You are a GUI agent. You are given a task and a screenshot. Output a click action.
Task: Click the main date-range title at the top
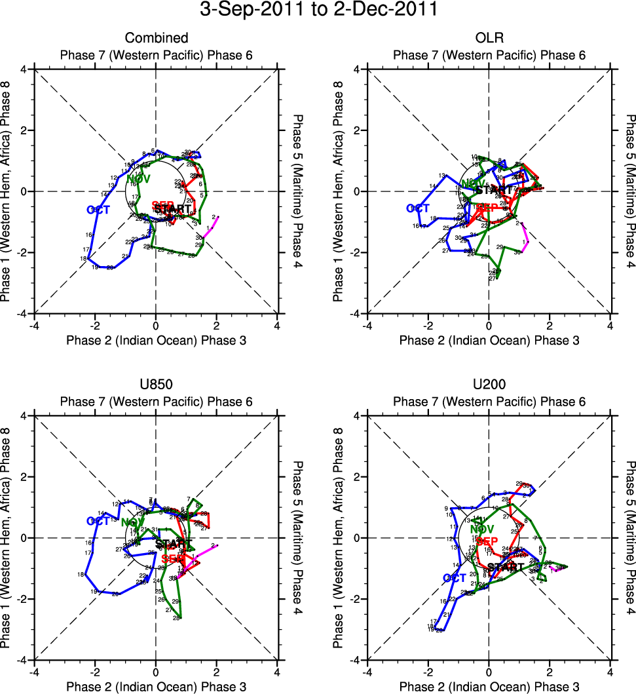pos(318,10)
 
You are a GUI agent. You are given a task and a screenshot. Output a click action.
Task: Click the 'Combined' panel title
pos(156,37)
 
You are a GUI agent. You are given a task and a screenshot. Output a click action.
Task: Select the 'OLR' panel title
pos(489,37)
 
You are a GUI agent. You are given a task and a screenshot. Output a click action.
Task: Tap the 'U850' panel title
pos(156,385)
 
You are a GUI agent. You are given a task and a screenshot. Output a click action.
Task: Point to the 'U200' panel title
pos(489,385)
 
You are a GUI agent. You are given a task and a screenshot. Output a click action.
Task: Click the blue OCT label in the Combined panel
pos(98,210)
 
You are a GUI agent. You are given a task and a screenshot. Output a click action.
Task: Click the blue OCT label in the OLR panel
pos(418,208)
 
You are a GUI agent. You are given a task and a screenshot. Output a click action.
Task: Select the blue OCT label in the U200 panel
pos(455,578)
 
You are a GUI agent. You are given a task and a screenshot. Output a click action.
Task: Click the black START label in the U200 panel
pos(506,567)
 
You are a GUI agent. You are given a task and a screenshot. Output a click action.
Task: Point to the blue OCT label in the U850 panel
pos(98,521)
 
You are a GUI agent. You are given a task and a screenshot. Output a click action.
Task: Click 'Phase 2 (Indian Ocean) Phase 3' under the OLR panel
pos(489,340)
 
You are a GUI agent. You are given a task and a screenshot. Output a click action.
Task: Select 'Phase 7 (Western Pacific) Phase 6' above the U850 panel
pos(156,401)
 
